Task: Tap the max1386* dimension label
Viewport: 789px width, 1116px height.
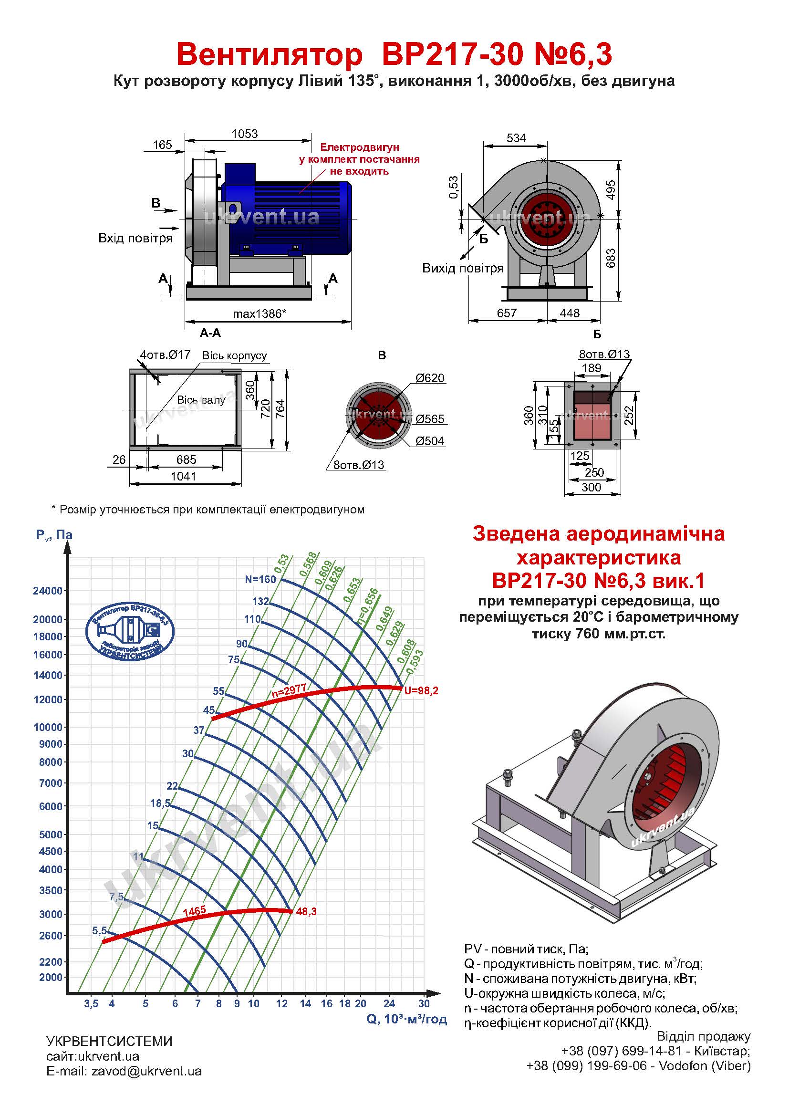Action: tap(259, 313)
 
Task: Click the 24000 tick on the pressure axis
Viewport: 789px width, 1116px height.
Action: tap(48, 592)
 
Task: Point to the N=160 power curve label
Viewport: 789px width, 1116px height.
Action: tap(260, 579)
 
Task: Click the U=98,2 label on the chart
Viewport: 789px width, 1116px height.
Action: tap(421, 691)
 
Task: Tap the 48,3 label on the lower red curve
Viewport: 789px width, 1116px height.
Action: tap(306, 912)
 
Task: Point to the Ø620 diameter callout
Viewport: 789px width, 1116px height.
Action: tap(429, 378)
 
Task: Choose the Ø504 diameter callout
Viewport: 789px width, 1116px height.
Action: tap(429, 441)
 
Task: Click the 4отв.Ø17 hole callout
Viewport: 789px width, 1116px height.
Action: tap(165, 355)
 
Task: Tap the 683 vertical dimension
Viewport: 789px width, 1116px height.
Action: tap(611, 258)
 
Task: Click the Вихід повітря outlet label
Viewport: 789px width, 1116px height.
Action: tap(463, 268)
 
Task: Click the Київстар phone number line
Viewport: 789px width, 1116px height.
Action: tap(655, 1051)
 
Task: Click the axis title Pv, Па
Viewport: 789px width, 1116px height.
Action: tap(54, 535)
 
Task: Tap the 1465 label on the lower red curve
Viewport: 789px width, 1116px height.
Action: tap(194, 911)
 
